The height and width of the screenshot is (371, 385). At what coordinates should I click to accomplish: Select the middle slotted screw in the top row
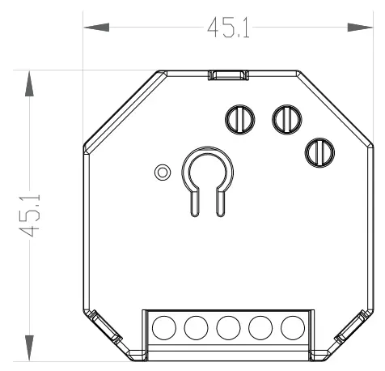point(285,119)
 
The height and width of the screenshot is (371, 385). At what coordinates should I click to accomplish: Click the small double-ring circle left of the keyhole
point(163,172)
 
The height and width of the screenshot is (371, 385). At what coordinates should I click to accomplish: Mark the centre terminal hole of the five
point(227,328)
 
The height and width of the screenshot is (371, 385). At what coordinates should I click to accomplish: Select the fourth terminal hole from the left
point(260,328)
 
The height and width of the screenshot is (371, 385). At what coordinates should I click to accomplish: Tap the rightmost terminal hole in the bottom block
point(291,328)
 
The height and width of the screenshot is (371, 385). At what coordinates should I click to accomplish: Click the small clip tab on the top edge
point(227,75)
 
